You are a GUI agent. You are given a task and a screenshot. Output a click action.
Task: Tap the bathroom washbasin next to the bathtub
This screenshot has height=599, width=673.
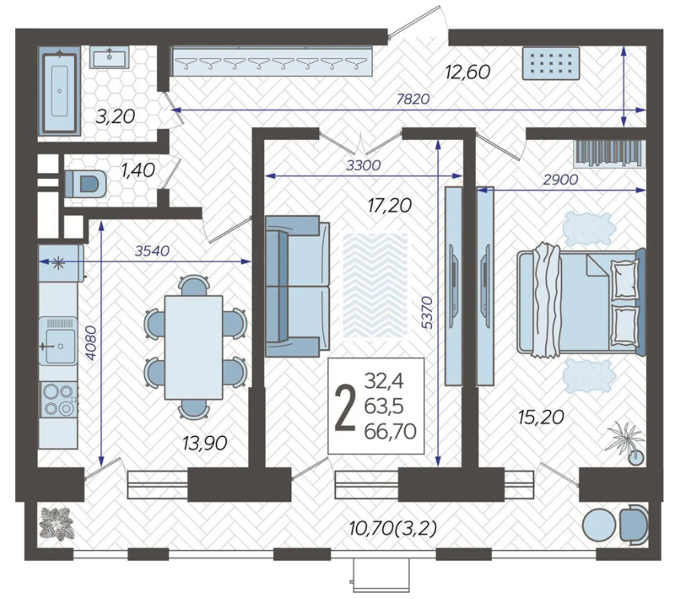click(x=109, y=58)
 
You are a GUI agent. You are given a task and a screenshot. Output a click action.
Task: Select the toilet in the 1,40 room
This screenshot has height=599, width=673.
click(x=86, y=184)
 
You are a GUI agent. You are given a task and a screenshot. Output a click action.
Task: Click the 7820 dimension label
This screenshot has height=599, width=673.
click(x=413, y=99)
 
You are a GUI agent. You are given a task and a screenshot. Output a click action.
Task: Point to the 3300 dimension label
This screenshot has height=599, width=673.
click(x=363, y=165)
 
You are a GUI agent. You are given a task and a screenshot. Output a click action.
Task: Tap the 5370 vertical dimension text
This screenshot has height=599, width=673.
click(x=427, y=312)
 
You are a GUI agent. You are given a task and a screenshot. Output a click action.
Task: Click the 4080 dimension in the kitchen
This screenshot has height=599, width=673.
click(x=92, y=343)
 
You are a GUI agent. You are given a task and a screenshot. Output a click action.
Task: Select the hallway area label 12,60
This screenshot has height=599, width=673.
click(x=468, y=72)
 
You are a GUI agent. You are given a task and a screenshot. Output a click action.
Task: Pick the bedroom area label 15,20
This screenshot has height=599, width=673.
click(x=541, y=417)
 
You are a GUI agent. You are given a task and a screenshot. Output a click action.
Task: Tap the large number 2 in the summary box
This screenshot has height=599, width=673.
click(x=345, y=407)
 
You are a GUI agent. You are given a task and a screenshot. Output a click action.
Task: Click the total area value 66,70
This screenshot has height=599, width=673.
click(x=390, y=431)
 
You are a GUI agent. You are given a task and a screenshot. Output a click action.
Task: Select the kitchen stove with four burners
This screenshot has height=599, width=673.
click(x=59, y=399)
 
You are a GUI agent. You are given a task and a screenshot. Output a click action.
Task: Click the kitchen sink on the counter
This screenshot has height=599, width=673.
click(x=58, y=341)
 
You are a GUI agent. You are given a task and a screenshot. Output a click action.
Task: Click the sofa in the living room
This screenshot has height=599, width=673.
click(x=297, y=287)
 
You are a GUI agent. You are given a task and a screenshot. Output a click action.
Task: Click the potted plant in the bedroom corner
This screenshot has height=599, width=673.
click(x=626, y=442)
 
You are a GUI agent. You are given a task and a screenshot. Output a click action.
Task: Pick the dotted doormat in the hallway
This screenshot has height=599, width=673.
click(x=551, y=64)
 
